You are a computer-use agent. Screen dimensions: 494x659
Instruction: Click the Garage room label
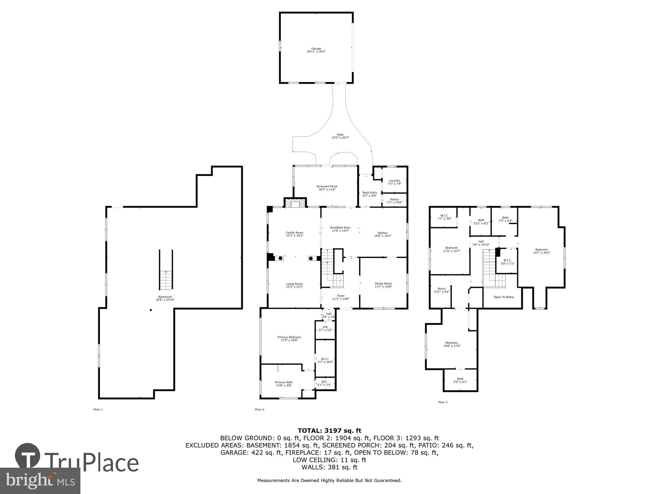(x=316, y=50)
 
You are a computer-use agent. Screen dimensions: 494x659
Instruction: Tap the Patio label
(x=340, y=136)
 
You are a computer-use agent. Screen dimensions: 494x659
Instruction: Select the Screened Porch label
(x=327, y=188)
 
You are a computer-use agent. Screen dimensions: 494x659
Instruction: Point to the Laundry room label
(x=394, y=182)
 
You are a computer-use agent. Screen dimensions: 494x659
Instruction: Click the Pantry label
(x=394, y=201)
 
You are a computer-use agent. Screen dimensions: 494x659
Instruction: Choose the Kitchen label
(x=383, y=234)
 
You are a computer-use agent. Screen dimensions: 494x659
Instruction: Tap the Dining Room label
(x=383, y=285)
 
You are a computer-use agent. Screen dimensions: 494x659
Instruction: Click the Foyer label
(x=341, y=297)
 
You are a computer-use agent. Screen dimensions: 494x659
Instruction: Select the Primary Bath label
(x=284, y=384)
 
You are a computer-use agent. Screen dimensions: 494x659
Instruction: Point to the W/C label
(x=324, y=383)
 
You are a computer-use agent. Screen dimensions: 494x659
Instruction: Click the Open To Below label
(x=504, y=297)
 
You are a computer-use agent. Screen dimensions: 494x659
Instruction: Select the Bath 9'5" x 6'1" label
(x=460, y=380)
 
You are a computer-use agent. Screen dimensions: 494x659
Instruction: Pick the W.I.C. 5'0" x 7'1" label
(x=507, y=261)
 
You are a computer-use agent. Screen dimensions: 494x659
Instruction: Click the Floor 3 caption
(x=443, y=402)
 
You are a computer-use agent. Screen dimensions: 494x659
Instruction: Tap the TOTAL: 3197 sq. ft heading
(x=329, y=430)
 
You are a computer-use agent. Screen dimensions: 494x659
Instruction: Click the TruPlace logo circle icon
(x=28, y=456)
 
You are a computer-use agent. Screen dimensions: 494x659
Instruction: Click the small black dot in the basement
(x=151, y=310)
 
